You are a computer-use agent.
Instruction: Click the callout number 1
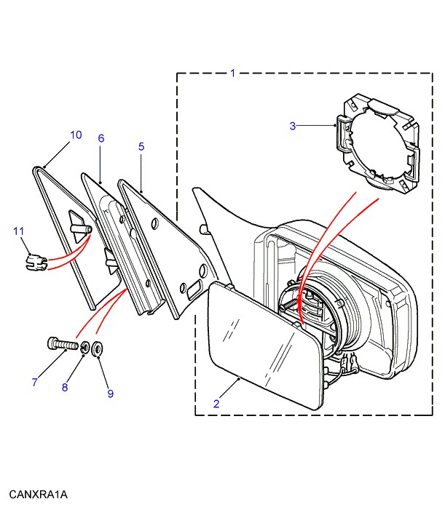pyautogui.click(x=232, y=73)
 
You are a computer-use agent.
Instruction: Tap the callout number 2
pyautogui.click(x=216, y=403)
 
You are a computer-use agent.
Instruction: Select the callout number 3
pyautogui.click(x=293, y=126)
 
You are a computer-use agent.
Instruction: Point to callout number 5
pyautogui.click(x=141, y=146)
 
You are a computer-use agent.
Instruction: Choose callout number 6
pyautogui.click(x=101, y=138)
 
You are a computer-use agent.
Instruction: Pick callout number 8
pyautogui.click(x=64, y=387)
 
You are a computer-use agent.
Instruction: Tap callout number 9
pyautogui.click(x=110, y=394)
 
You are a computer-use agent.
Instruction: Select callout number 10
pyautogui.click(x=76, y=135)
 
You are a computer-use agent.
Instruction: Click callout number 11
pyautogui.click(x=19, y=231)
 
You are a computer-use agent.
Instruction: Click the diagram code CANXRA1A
pyautogui.click(x=38, y=495)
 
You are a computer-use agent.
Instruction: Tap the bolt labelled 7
pyautogui.click(x=63, y=343)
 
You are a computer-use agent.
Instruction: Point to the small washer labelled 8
pyautogui.click(x=86, y=348)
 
